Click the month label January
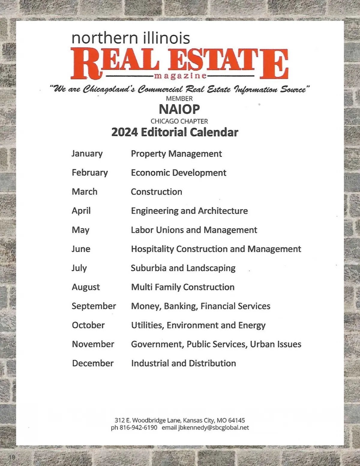point(87,154)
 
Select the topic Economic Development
point(178,173)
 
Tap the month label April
point(81,211)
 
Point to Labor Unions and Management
point(194,230)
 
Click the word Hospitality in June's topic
point(152,249)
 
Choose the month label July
point(79,268)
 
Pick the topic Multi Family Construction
point(183,287)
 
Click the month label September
point(94,306)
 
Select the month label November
point(93,344)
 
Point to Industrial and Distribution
point(183,363)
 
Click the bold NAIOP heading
point(179,109)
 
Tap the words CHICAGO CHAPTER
point(179,121)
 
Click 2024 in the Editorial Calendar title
point(124,132)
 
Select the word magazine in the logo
point(180,76)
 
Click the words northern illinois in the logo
point(130,38)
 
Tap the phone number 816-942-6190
point(138,428)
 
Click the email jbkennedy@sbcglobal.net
point(214,428)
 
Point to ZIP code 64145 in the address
point(236,420)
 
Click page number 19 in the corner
point(12,457)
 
